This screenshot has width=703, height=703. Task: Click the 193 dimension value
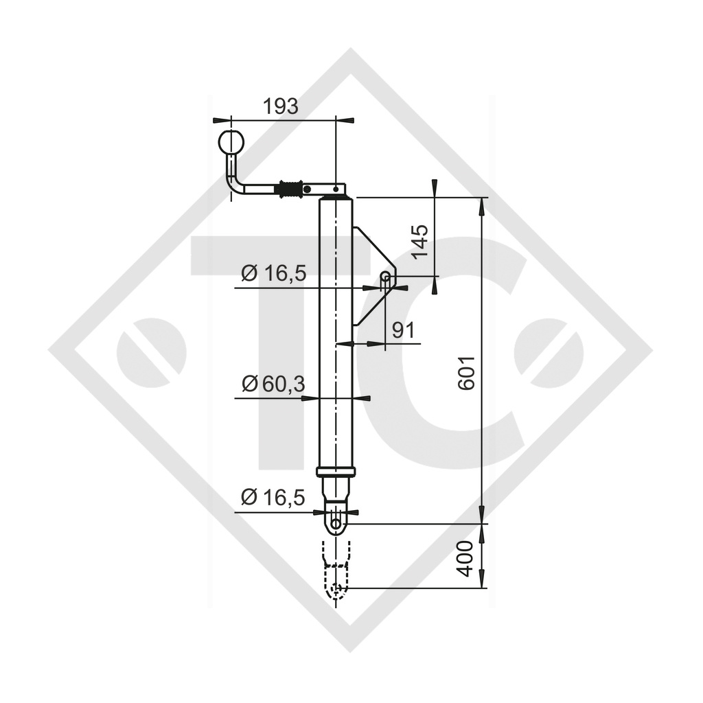tap(281, 106)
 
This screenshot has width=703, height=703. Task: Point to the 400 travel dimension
tap(466, 557)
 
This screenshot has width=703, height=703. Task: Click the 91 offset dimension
tap(403, 331)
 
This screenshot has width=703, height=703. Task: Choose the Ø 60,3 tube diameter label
tap(273, 384)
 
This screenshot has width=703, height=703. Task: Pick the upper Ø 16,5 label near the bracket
tap(273, 274)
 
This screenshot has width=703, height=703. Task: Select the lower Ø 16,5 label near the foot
tap(273, 498)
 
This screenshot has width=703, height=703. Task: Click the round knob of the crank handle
tap(231, 143)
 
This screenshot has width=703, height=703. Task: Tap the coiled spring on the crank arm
tap(291, 188)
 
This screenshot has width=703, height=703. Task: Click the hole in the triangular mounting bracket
tap(386, 277)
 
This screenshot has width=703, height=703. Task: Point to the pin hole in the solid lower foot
tap(336, 524)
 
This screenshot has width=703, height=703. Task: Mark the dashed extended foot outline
tap(336, 573)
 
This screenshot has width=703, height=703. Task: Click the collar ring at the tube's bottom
tap(336, 472)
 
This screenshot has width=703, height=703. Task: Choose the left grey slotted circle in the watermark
tap(151, 352)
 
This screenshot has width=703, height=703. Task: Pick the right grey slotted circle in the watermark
tap(549, 352)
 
